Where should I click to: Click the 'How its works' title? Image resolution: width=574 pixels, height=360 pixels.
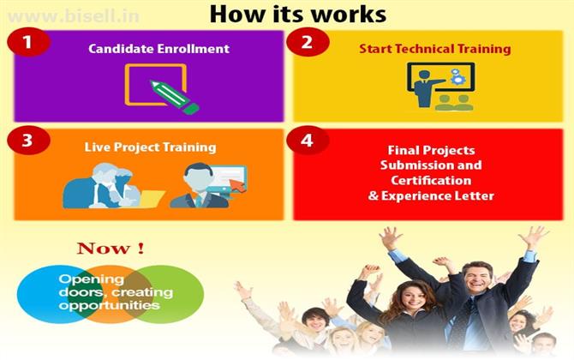point(298,15)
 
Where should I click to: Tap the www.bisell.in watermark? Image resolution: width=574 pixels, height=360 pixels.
point(74,16)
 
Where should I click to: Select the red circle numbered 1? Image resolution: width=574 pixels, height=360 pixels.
point(28,42)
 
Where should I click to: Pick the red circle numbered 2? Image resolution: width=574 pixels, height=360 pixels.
point(308,42)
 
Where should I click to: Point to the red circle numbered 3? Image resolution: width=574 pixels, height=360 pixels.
point(28,141)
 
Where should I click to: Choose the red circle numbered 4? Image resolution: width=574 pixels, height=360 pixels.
point(308,141)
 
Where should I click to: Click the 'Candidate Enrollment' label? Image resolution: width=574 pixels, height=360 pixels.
point(158,49)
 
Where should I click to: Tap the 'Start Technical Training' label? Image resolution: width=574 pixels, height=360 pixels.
point(435,49)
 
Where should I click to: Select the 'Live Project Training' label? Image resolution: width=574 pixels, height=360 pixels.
point(150,147)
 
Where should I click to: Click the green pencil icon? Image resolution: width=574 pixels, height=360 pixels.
point(174,97)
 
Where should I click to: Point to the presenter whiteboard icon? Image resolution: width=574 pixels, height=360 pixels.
point(440,87)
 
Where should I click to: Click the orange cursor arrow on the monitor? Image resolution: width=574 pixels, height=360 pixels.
point(237,184)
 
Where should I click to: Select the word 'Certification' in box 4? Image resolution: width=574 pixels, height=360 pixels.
point(431,181)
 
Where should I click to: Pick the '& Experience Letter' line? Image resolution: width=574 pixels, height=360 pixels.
point(431,196)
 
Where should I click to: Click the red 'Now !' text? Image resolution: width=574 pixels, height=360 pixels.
point(111,249)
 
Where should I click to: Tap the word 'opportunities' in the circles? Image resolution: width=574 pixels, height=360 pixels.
point(109,305)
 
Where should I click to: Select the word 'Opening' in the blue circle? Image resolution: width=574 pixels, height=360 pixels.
point(91,279)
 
